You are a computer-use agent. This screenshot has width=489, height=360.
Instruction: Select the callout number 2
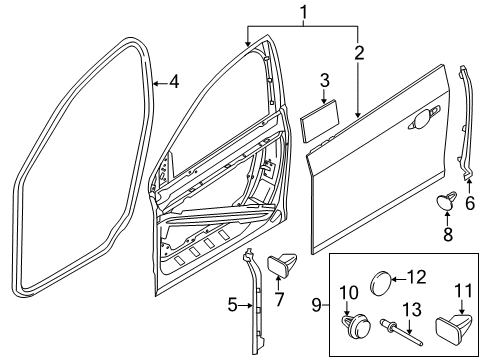[357, 53]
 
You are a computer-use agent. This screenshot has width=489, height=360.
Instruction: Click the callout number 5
[231, 305]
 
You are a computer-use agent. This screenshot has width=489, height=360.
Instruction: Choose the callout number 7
[279, 299]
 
